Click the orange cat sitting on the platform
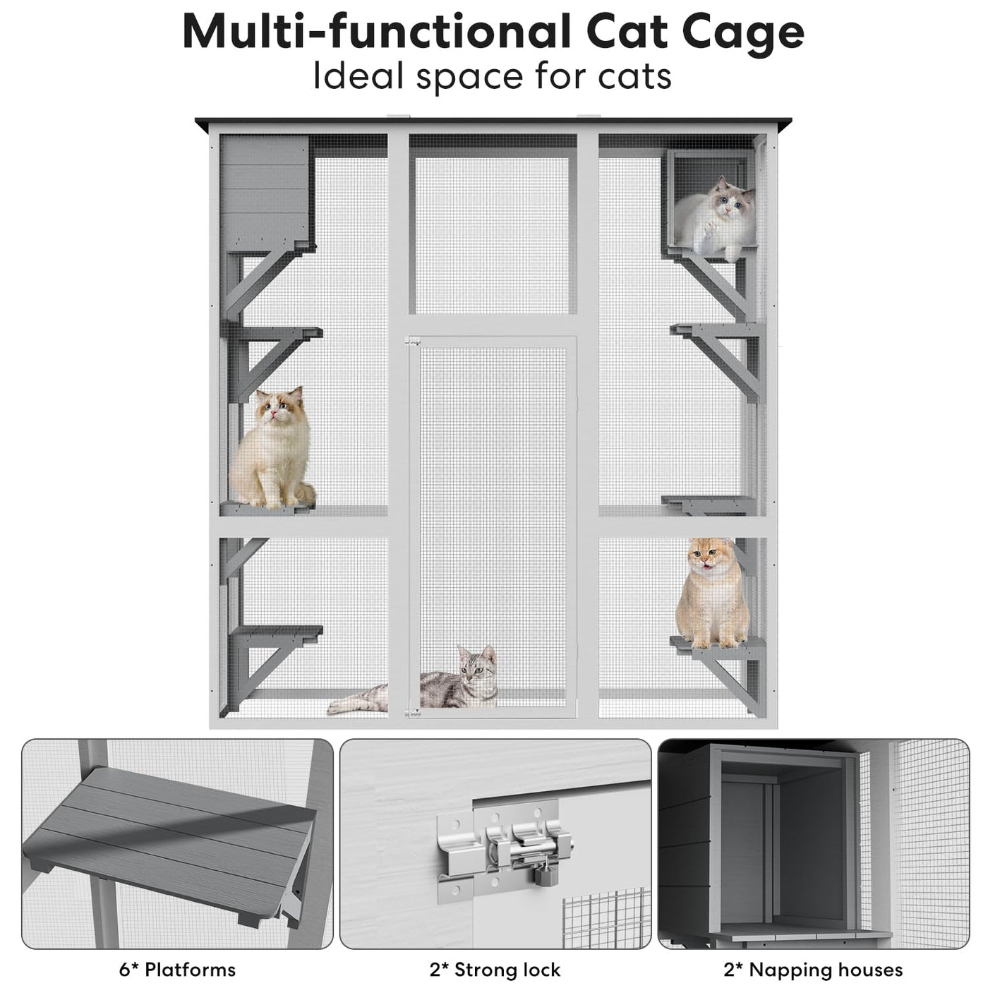pyautogui.click(x=711, y=594)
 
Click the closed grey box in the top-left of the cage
pyautogui.click(x=265, y=192)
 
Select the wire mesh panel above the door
pyautogui.click(x=492, y=235)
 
